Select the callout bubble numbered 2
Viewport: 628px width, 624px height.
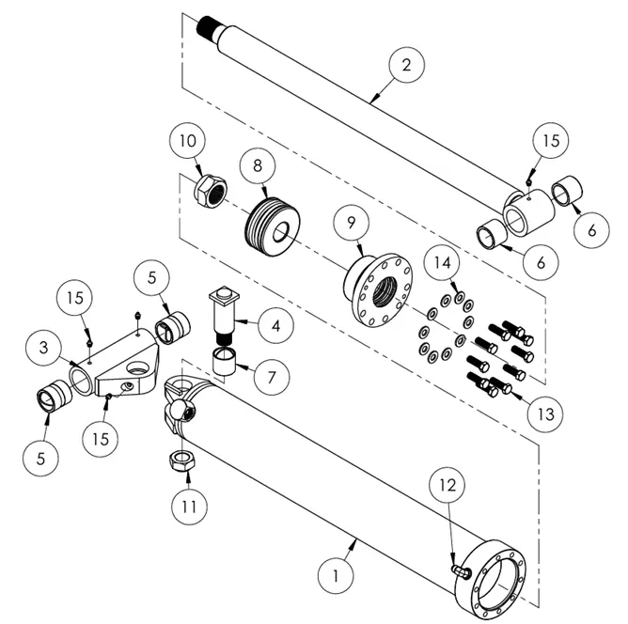[405, 66]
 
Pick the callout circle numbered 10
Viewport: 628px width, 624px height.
[188, 144]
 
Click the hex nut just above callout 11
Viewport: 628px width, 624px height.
[180, 460]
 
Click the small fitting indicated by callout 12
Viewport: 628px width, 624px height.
[462, 569]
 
